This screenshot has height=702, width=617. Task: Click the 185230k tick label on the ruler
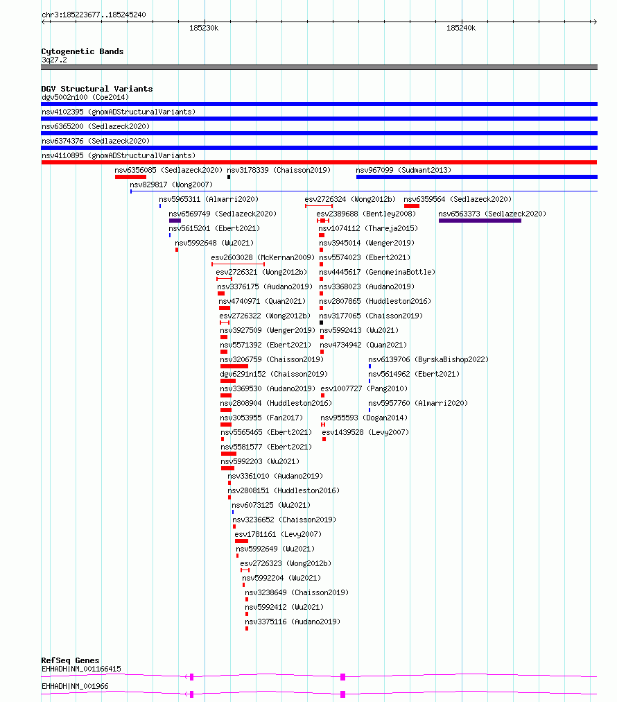click(204, 28)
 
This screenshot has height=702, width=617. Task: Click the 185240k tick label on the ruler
click(461, 28)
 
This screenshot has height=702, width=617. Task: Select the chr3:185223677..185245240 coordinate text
click(94, 15)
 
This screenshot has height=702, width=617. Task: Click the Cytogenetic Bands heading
click(82, 51)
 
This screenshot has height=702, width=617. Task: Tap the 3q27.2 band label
click(54, 60)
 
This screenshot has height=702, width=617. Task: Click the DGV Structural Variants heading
click(96, 89)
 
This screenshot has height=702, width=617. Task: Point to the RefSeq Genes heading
click(70, 660)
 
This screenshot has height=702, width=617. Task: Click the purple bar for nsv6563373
click(480, 221)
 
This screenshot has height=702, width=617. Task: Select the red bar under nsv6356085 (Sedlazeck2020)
click(130, 177)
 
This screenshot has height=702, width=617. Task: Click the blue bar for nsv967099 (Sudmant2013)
click(477, 177)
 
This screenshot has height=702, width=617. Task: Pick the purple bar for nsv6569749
click(175, 221)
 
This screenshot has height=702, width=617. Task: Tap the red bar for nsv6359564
click(412, 206)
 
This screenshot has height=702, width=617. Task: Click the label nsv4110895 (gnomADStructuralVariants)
click(119, 156)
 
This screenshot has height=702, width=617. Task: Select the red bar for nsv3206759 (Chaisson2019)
click(234, 366)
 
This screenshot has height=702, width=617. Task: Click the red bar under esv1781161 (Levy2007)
click(242, 541)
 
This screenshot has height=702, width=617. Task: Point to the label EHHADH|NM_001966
click(75, 686)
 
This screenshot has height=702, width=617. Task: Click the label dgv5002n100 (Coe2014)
click(85, 98)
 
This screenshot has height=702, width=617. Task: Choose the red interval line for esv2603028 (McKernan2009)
click(238, 264)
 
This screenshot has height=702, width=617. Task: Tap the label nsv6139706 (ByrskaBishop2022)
click(428, 359)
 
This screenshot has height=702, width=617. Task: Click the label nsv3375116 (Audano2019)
click(293, 622)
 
